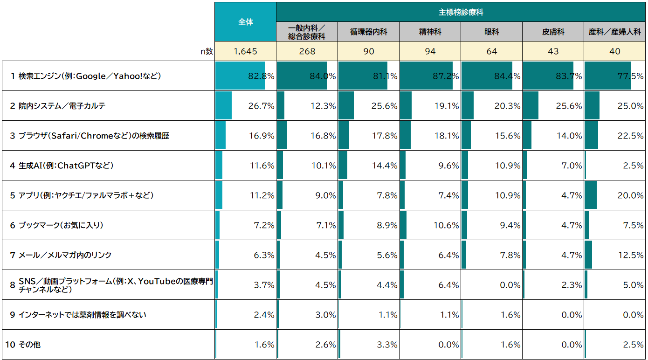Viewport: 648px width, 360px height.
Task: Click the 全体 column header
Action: [x=246, y=22]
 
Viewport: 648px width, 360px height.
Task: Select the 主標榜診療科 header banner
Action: [x=461, y=12]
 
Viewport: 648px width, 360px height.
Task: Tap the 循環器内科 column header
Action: [x=368, y=32]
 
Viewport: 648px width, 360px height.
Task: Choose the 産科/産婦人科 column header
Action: [x=614, y=32]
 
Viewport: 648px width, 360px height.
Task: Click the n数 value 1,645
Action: [x=246, y=51]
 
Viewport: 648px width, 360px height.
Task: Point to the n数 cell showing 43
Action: [x=553, y=51]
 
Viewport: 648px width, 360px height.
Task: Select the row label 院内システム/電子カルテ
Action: [x=62, y=106]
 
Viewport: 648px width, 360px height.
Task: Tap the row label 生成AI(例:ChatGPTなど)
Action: [x=66, y=166]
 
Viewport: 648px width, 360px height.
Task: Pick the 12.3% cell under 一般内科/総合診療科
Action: [x=323, y=106]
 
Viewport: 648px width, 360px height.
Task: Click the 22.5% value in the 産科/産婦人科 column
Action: [x=631, y=136]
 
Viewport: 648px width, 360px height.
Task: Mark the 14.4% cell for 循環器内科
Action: [x=385, y=166]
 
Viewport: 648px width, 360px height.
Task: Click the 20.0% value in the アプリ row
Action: [x=631, y=195]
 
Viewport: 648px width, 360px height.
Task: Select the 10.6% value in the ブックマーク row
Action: [x=446, y=225]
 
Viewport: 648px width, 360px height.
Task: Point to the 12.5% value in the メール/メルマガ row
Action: [x=631, y=255]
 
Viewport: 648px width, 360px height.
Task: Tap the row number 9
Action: [x=13, y=315]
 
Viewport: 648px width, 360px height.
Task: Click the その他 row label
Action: [x=29, y=345]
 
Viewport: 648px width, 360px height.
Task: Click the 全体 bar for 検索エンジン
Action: [x=240, y=76]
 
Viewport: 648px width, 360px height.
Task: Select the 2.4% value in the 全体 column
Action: [x=264, y=315]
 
